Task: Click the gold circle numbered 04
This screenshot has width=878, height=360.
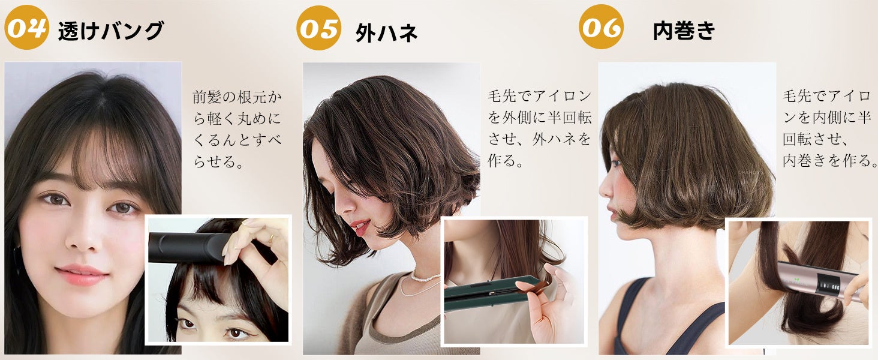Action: [26, 27]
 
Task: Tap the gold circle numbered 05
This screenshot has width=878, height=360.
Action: [318, 28]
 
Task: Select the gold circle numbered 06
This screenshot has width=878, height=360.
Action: [602, 26]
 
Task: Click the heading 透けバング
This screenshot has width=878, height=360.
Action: [111, 31]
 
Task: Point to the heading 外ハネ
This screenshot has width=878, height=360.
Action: [386, 32]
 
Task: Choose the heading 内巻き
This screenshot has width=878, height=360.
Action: [684, 31]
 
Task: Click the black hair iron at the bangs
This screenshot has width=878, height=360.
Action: [188, 248]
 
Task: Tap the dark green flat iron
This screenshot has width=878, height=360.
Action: [490, 295]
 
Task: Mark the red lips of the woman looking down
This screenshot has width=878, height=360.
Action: [360, 227]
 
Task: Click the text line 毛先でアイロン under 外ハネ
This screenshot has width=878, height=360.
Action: [539, 95]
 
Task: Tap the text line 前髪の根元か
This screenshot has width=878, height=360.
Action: [237, 97]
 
